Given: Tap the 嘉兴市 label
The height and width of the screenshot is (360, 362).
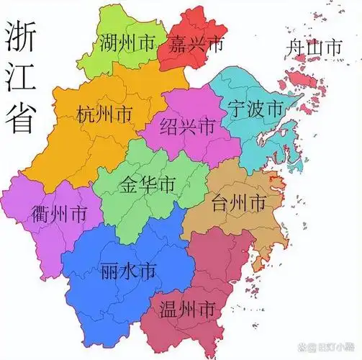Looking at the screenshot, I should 197,45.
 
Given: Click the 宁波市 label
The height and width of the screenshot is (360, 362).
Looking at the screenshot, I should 255,110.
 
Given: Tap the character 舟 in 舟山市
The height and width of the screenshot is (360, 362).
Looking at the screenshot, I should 294,49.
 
